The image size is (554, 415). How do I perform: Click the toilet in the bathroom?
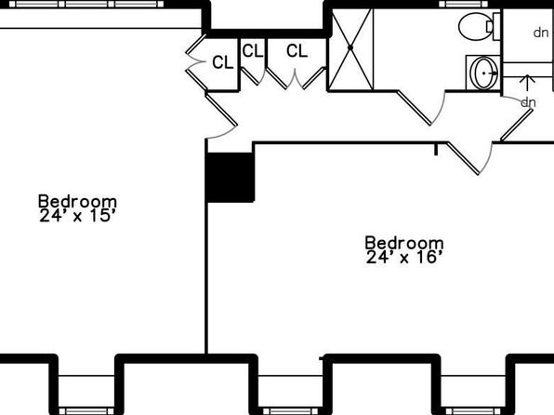tap(479, 27)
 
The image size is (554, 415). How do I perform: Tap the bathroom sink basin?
tap(484, 74)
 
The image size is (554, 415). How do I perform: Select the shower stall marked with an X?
tap(350, 49)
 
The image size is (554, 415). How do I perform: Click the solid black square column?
tap(230, 177)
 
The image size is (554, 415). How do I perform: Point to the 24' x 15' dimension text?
tap(77, 215)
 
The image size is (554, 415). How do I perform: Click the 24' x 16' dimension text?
tap(404, 257)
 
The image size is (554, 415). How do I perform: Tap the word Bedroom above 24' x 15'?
tap(77, 201)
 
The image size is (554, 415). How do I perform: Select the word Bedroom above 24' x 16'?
tap(404, 243)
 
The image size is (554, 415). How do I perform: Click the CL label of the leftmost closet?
tap(222, 62)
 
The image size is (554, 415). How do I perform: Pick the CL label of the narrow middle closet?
tap(253, 51)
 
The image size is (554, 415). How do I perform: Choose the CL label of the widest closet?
tap(297, 51)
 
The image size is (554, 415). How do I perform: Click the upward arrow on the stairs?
tap(527, 84)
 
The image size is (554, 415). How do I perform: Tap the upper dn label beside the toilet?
tap(541, 33)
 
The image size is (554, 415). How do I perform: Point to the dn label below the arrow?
tap(528, 102)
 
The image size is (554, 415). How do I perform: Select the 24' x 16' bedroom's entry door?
tap(463, 158)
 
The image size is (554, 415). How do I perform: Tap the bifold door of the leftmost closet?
tap(195, 62)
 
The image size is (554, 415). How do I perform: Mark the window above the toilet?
tap(463, 5)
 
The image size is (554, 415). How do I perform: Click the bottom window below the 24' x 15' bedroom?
tap(86, 411)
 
